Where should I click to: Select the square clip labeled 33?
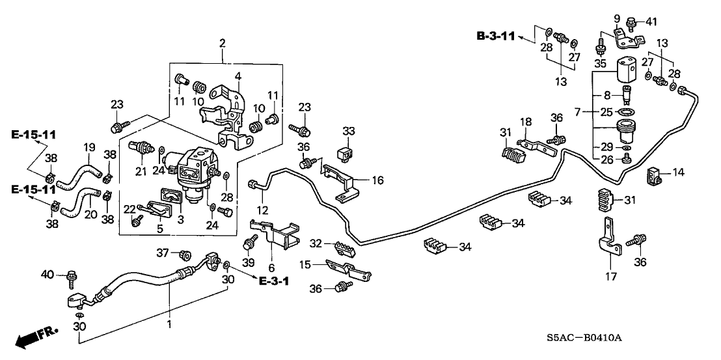pos(347,154)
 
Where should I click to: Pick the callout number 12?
pos(263,210)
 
